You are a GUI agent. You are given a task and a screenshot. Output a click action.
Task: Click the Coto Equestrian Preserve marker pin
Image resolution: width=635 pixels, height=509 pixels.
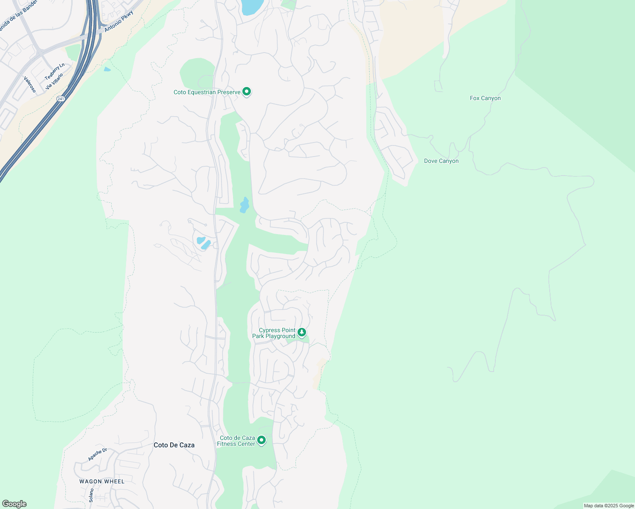click(247, 92)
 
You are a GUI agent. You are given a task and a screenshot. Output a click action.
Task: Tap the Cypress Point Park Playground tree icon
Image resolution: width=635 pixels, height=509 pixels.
click(302, 332)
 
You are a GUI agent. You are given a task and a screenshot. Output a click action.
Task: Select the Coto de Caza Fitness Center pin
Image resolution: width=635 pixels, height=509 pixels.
click(261, 440)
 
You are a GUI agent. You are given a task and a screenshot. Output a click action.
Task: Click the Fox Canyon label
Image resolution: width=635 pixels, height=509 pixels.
click(485, 98)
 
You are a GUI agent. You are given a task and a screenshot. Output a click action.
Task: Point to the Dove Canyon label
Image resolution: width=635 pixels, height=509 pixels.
click(441, 161)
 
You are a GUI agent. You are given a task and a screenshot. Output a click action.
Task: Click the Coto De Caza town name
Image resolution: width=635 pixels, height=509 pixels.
click(174, 445)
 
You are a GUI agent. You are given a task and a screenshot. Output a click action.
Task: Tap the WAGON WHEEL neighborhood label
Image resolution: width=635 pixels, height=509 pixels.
click(102, 481)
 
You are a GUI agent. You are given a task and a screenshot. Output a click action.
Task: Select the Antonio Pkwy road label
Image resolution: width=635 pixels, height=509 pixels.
click(119, 21)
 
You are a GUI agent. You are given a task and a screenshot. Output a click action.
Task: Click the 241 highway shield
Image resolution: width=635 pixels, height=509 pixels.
click(60, 99)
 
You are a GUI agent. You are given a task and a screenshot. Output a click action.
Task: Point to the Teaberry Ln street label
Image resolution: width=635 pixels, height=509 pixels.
click(55, 71)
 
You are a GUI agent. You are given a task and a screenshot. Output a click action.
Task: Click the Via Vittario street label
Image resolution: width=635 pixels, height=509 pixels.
click(54, 81)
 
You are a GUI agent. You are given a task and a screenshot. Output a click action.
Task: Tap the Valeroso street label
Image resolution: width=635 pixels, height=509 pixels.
click(30, 84)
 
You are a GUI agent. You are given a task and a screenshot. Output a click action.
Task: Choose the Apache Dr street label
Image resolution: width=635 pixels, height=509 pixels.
click(97, 455)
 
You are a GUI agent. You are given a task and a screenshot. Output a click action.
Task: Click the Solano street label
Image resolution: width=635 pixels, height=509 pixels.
click(91, 495)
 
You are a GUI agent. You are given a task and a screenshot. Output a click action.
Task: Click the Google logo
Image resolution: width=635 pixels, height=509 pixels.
click(14, 504)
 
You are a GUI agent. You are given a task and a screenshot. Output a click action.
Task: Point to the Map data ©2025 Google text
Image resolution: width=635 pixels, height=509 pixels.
click(609, 506)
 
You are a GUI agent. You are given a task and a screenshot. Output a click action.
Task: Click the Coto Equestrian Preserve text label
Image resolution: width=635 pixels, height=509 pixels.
click(207, 92)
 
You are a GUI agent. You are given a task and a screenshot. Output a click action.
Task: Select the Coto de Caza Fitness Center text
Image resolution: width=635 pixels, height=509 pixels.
click(236, 441)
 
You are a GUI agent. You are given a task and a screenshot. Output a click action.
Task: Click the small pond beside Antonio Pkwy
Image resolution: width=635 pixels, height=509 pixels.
click(107, 69)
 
